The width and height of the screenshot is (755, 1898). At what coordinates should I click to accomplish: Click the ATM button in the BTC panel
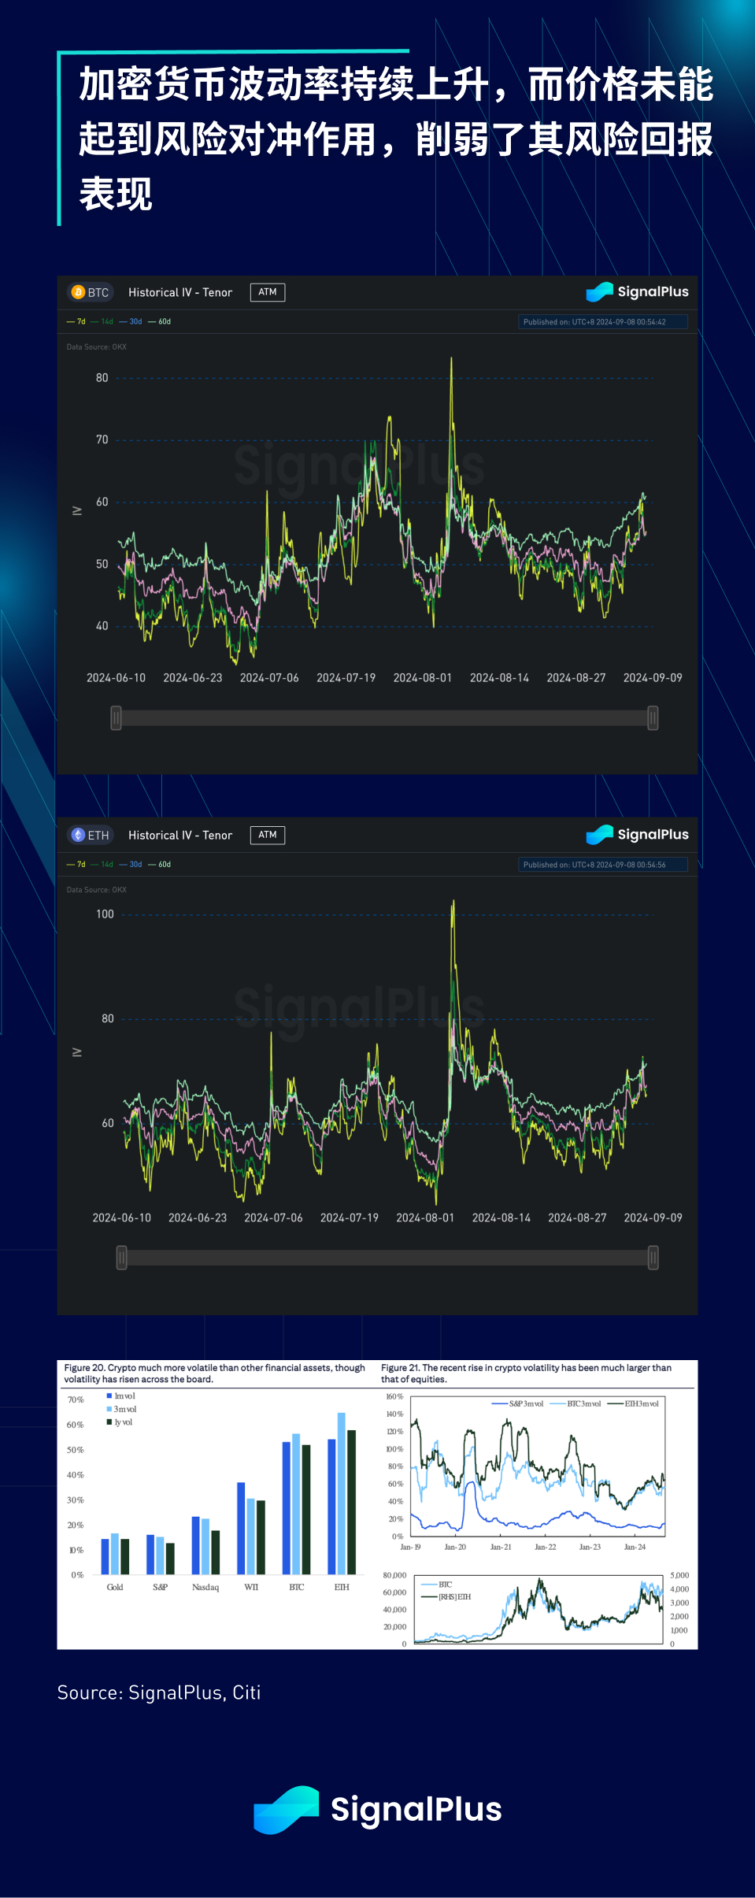[268, 292]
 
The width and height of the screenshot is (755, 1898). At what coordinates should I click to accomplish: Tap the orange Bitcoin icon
[78, 292]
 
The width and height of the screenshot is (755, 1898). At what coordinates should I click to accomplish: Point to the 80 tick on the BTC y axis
[102, 378]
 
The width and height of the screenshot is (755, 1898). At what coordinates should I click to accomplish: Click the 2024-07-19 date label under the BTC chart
[346, 678]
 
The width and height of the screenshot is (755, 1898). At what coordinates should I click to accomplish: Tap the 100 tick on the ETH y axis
[105, 914]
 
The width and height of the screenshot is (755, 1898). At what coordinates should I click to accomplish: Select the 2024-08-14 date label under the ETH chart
[501, 1218]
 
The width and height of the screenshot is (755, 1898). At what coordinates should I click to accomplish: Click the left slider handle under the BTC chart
[116, 717]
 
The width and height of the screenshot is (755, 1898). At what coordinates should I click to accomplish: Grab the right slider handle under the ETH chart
[653, 1258]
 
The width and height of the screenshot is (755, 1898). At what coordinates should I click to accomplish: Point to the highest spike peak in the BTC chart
[451, 359]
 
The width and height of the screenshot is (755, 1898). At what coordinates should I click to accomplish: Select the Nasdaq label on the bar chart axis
[205, 1587]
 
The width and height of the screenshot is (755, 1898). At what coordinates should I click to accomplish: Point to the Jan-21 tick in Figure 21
[501, 1547]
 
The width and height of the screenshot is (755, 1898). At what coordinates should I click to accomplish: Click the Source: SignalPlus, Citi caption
[159, 1692]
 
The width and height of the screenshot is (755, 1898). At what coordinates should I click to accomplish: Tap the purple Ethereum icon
[78, 835]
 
